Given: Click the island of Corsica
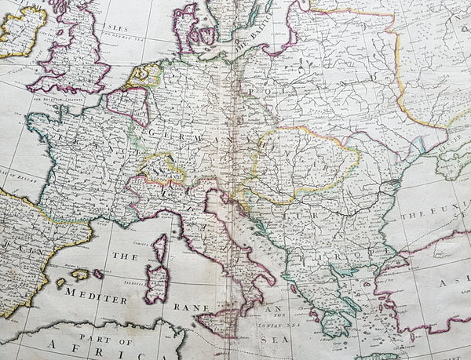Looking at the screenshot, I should click(160, 249).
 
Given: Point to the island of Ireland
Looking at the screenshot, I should click(20, 31).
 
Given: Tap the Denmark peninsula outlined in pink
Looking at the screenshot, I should click(186, 27).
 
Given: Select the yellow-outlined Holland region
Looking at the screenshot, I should click(144, 76).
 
